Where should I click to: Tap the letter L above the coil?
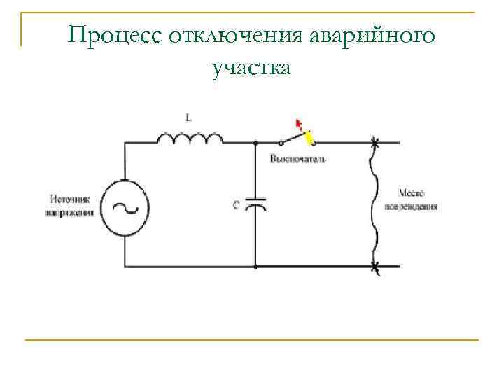tap(188, 118)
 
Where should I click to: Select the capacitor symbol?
tap(256, 205)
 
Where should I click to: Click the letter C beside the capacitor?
tap(237, 205)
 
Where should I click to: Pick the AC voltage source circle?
tap(125, 208)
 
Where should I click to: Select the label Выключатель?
tap(298, 160)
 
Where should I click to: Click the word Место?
tap(412, 192)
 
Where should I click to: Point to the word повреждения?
tap(412, 206)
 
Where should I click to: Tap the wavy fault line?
tap(376, 204)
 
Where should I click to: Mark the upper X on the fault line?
tap(375, 143)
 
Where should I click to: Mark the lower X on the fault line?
tap(375, 267)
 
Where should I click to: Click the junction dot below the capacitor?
tap(256, 267)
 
